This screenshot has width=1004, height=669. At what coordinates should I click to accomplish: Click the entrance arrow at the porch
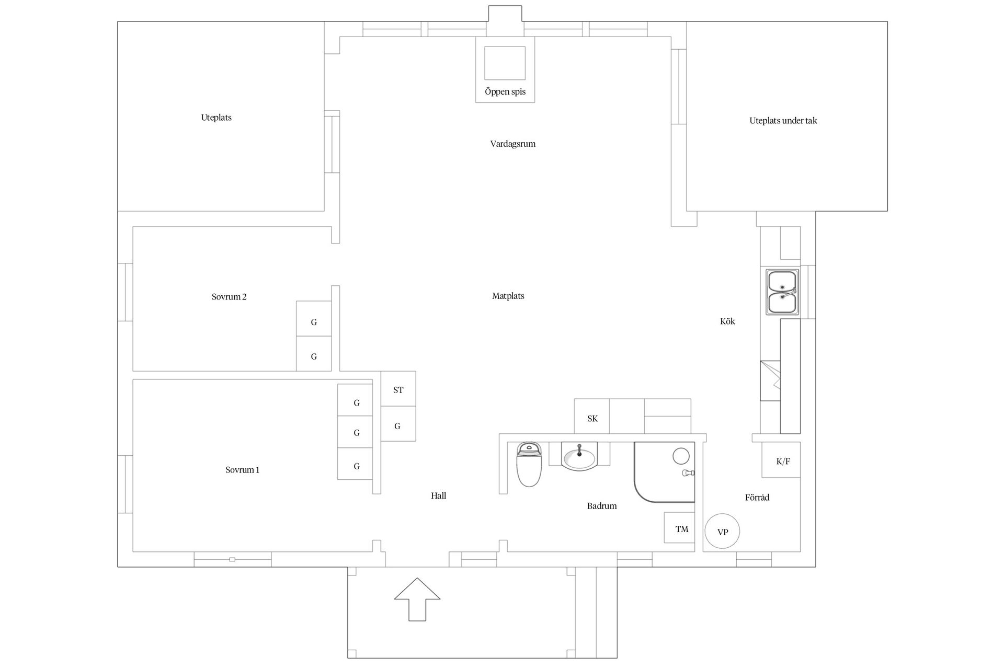point(417,599)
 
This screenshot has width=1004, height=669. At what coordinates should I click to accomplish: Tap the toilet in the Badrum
point(529,464)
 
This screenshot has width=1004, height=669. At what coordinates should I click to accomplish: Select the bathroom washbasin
point(579,456)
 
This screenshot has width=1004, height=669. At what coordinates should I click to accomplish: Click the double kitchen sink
point(782,292)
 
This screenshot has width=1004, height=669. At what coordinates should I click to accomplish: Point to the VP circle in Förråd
point(722,531)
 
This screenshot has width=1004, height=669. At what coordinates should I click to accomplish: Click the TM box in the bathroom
point(679,527)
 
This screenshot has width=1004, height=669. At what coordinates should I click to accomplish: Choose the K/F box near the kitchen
point(781,460)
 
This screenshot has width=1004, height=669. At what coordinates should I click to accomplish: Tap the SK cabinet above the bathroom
point(592,417)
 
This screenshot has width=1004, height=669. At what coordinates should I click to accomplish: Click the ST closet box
point(398,389)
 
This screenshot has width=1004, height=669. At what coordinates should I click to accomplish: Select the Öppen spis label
point(505,92)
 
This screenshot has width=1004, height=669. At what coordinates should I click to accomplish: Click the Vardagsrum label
point(513,144)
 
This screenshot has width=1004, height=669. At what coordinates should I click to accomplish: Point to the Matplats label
point(508,296)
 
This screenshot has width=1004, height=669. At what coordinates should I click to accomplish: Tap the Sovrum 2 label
point(229,297)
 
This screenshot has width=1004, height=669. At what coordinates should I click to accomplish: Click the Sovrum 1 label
point(243,470)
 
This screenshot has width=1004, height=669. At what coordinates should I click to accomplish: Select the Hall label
point(439,495)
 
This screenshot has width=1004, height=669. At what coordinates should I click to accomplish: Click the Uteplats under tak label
point(783,121)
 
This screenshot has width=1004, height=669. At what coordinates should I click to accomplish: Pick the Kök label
point(727,321)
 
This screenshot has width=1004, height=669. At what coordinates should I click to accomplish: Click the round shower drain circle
point(681,456)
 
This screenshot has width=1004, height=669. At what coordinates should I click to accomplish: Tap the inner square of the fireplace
point(505,63)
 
